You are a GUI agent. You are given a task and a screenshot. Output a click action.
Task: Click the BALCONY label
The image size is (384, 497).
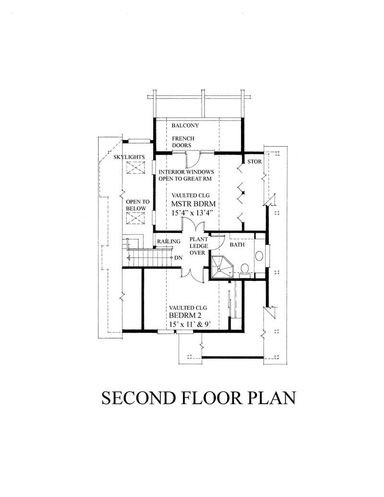pyautogui.click(x=185, y=126)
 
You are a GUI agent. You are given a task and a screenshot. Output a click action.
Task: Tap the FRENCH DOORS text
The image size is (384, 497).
pyautogui.click(x=182, y=142)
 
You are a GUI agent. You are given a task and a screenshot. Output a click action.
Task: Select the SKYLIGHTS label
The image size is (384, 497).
pyautogui.click(x=129, y=158)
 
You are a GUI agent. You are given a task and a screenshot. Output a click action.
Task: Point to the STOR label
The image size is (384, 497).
pyautogui.click(x=254, y=161)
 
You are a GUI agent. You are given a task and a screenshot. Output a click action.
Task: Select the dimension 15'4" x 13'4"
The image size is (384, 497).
pyautogui.click(x=191, y=212)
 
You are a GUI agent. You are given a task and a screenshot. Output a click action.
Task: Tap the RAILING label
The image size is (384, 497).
pyautogui.click(x=168, y=242)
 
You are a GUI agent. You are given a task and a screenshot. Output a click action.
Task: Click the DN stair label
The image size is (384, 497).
pyautogui.click(x=179, y=258)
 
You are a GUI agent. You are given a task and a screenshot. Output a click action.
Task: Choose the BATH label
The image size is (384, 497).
pyautogui.click(x=237, y=244)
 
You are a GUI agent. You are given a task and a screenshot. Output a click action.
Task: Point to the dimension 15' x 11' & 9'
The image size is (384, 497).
pyautogui.click(x=190, y=325)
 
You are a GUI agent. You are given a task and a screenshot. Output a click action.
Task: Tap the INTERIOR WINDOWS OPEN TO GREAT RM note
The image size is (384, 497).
pyautogui.click(x=186, y=175)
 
